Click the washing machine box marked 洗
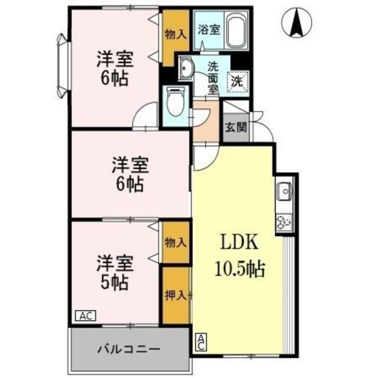pos(237,81)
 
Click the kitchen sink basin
pos(284,193)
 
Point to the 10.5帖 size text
pos(239,269)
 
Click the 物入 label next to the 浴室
pos(175,35)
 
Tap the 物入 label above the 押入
pos(175,243)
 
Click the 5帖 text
pos(114,283)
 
